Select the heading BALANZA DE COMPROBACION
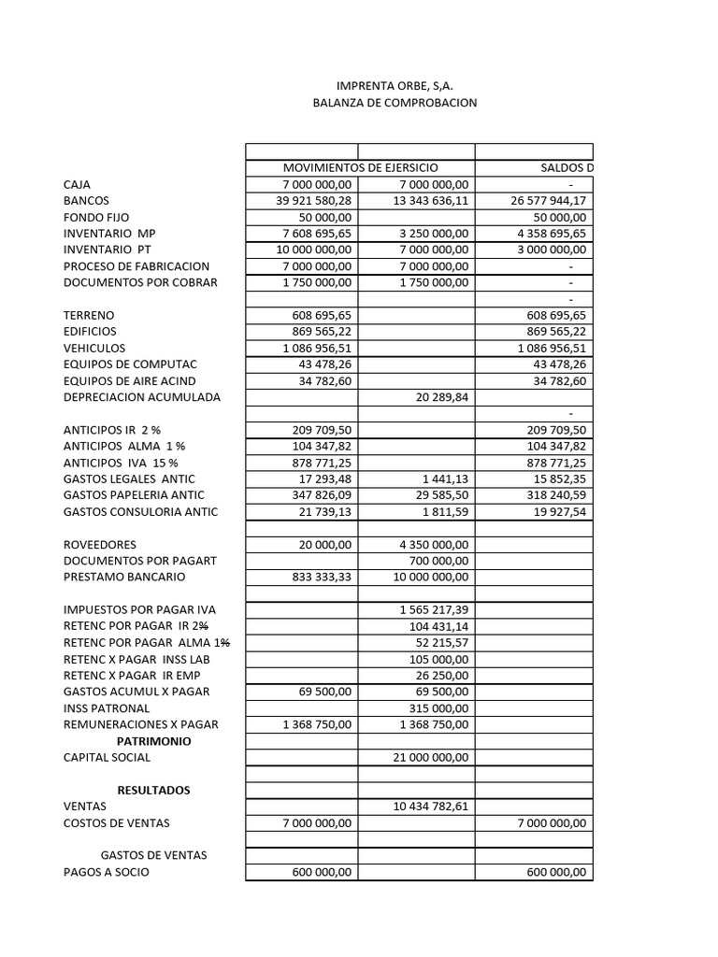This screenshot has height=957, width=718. tap(394, 102)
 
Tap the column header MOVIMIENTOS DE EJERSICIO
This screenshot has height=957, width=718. tap(360, 167)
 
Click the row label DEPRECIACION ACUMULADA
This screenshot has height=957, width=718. tap(142, 396)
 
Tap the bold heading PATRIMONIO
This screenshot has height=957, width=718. tap(153, 741)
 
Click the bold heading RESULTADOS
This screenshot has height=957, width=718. tap(153, 790)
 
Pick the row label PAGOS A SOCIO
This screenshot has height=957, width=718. tap(106, 872)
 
